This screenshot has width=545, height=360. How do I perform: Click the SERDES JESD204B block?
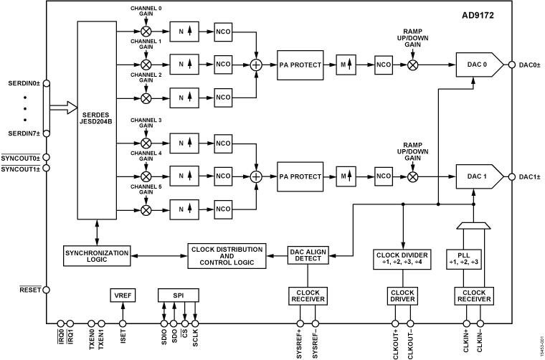pos(97,119)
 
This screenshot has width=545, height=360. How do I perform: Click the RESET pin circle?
pos(47,290)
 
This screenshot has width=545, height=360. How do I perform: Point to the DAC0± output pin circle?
pos(512,65)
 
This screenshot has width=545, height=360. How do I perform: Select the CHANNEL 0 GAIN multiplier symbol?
pos(146,32)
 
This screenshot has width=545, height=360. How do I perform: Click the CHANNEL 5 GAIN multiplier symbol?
pos(146,209)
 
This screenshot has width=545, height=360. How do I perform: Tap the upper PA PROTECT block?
pos(295,65)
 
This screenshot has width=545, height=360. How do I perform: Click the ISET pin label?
pos(123,338)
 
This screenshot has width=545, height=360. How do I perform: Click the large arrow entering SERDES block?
pos(62,108)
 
